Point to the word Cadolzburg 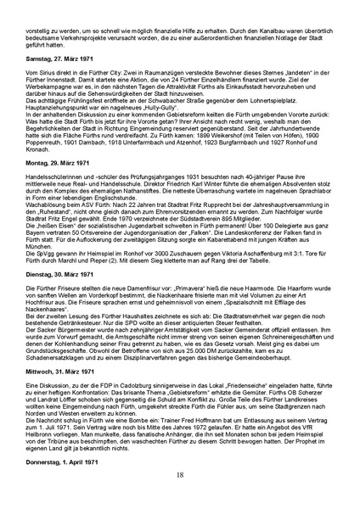click(x=139, y=412)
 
